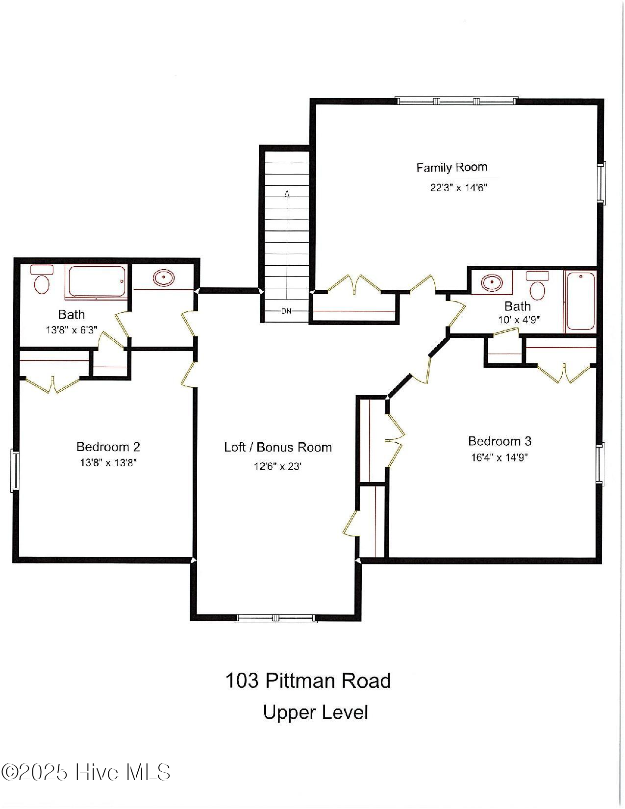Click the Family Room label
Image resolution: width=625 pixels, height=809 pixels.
pyautogui.click(x=451, y=168)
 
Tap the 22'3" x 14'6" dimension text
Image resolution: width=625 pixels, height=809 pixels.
pyautogui.click(x=458, y=188)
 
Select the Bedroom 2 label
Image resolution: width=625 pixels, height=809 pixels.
pyautogui.click(x=108, y=447)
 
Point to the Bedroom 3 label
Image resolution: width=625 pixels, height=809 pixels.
pyautogui.click(x=500, y=441)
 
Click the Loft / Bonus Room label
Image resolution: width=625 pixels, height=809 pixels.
pyautogui.click(x=277, y=447)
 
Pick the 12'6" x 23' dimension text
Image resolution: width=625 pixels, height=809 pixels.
pyautogui.click(x=277, y=466)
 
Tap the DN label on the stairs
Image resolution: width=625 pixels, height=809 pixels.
pyautogui.click(x=286, y=311)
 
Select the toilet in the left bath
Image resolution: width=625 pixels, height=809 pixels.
pyautogui.click(x=42, y=280)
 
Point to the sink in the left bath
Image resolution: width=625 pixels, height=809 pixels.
pyautogui.click(x=164, y=278)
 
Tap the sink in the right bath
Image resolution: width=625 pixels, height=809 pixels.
pyautogui.click(x=491, y=282)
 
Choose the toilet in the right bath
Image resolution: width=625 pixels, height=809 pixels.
pyautogui.click(x=538, y=286)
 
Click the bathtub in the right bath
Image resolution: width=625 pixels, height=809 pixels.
pyautogui.click(x=581, y=301)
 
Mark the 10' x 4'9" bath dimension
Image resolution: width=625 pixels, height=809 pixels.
pyautogui.click(x=519, y=320)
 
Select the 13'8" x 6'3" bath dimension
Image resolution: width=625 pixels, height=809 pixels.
pyautogui.click(x=72, y=330)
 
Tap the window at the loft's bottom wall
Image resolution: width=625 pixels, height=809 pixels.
pyautogui.click(x=275, y=618)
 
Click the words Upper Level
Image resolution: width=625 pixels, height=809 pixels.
pyautogui.click(x=315, y=712)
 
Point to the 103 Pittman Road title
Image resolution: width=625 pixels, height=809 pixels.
pyautogui.click(x=308, y=681)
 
